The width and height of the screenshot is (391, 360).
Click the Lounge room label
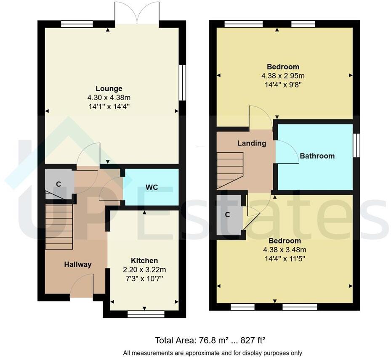point(109,88)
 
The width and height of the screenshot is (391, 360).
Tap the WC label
point(152,187)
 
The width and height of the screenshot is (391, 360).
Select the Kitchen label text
point(144,261)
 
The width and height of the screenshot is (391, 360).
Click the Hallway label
point(78,265)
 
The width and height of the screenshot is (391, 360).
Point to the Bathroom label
point(317,156)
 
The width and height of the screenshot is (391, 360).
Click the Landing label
point(252,143)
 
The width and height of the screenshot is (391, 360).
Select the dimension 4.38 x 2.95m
point(283,76)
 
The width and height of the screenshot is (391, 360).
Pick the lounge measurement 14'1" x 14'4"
point(109,106)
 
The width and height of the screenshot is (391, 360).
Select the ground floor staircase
point(59,227)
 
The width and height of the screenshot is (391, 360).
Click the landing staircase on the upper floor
point(230,170)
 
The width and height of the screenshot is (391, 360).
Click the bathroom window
point(356,145)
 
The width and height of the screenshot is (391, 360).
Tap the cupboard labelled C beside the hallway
point(59,183)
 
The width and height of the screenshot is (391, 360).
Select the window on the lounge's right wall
point(182,82)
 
